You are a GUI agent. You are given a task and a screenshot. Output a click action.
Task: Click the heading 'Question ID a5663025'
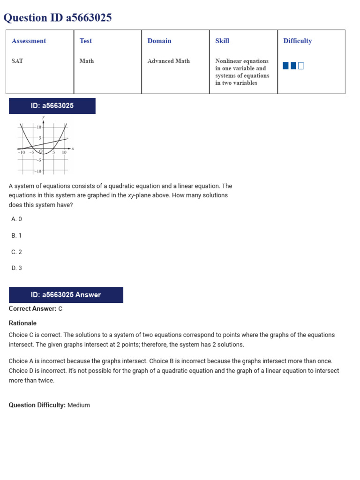(58, 18)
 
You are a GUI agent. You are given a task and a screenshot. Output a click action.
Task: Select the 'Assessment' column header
(29, 41)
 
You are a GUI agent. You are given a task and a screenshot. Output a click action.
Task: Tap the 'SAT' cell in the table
(17, 61)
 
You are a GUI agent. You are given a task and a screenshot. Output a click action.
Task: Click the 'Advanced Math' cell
(168, 61)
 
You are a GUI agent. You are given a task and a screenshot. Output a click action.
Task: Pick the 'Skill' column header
(222, 41)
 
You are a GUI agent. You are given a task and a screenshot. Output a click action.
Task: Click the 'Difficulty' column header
(297, 41)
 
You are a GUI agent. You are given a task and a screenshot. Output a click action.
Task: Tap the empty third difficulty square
(301, 66)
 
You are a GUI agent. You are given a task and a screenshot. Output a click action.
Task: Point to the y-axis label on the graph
(44, 117)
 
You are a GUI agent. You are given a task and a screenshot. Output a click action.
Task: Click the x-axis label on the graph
(73, 149)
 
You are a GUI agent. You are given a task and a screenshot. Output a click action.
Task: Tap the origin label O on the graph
(41, 151)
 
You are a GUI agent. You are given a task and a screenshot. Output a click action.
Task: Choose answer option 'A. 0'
(16, 219)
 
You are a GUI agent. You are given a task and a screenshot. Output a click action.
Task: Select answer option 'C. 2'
(16, 252)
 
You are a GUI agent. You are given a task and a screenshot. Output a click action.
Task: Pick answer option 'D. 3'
(16, 268)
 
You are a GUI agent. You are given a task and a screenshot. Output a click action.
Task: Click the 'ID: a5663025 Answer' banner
(66, 295)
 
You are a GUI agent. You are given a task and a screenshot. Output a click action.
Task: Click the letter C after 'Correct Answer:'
(60, 309)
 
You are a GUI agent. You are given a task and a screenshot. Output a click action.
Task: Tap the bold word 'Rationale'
(22, 323)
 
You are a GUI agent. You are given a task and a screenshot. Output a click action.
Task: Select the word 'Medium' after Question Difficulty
(79, 405)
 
